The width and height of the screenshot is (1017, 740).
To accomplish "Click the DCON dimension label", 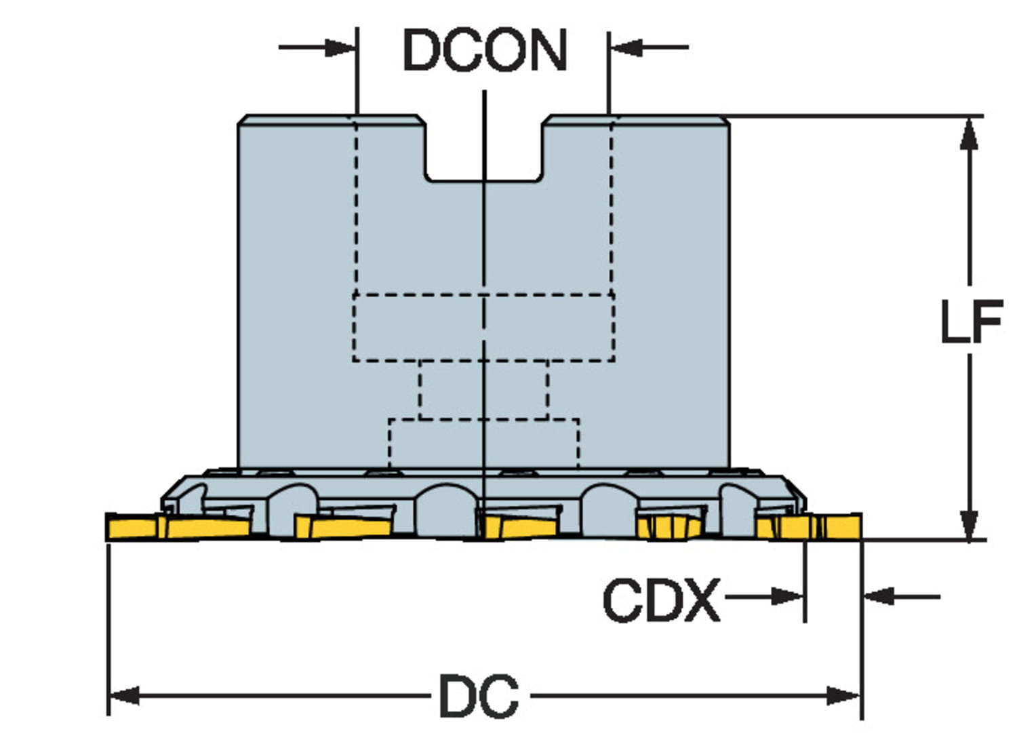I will point(484,50).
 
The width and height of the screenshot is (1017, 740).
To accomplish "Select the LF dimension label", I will point(971,320).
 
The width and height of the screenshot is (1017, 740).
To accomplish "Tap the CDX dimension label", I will point(660,600).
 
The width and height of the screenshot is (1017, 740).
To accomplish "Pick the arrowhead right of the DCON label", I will point(626,47).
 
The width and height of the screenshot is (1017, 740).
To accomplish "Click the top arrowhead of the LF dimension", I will point(970,133).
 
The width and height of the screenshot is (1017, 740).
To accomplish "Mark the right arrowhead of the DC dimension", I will point(844,696).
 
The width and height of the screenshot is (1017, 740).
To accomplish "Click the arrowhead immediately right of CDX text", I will point(789,597).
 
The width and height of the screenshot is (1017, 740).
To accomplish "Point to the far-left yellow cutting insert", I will point(133,526).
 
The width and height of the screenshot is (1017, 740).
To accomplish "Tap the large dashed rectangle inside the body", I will point(483,328).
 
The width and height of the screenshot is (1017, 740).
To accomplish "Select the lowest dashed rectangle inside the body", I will point(483,443).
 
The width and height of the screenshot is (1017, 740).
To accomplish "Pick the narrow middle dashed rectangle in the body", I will point(483,390).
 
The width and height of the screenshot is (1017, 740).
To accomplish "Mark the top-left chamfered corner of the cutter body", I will point(242,120).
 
